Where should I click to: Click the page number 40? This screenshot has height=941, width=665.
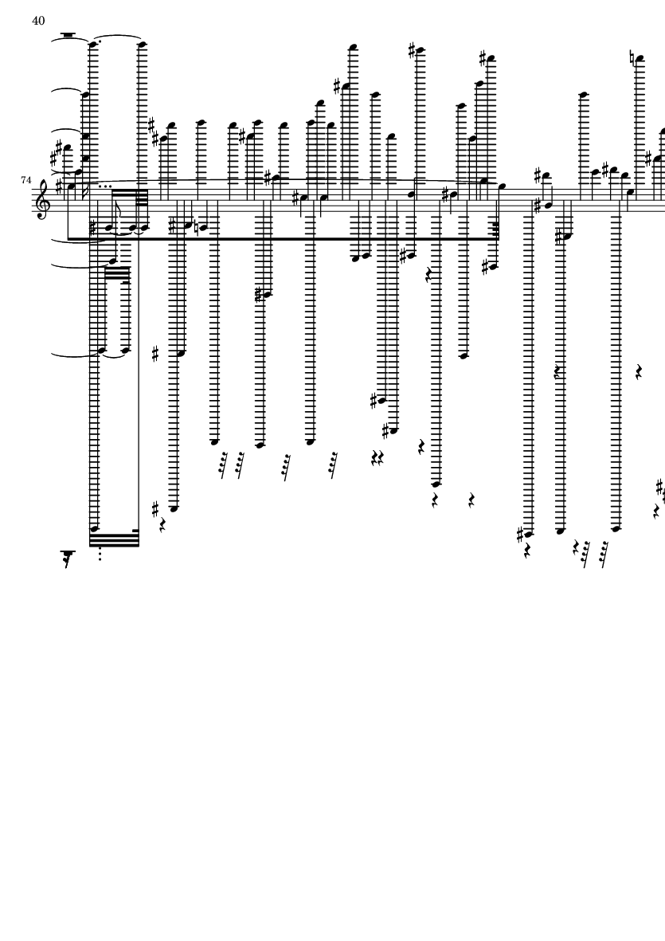point(38,20)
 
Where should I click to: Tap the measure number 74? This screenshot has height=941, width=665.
point(27,182)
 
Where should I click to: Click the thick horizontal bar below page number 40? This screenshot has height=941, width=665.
point(67,35)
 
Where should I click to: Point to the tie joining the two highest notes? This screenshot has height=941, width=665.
point(119,40)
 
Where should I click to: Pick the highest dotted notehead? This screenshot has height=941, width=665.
point(94,45)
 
